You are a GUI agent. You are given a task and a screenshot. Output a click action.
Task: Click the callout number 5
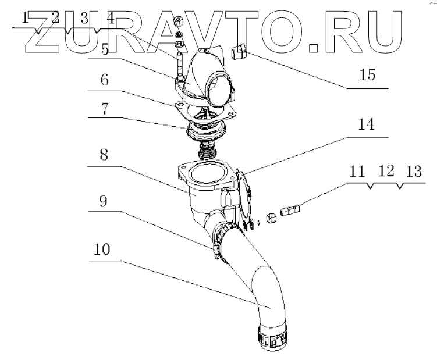[x=104, y=51]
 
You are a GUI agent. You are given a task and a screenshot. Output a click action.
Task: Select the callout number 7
[x=104, y=108]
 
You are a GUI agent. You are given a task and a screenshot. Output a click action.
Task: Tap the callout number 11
[x=357, y=172]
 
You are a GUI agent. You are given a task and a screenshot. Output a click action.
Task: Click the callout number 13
[x=411, y=172]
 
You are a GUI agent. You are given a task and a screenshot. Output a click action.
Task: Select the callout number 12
[x=384, y=172]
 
